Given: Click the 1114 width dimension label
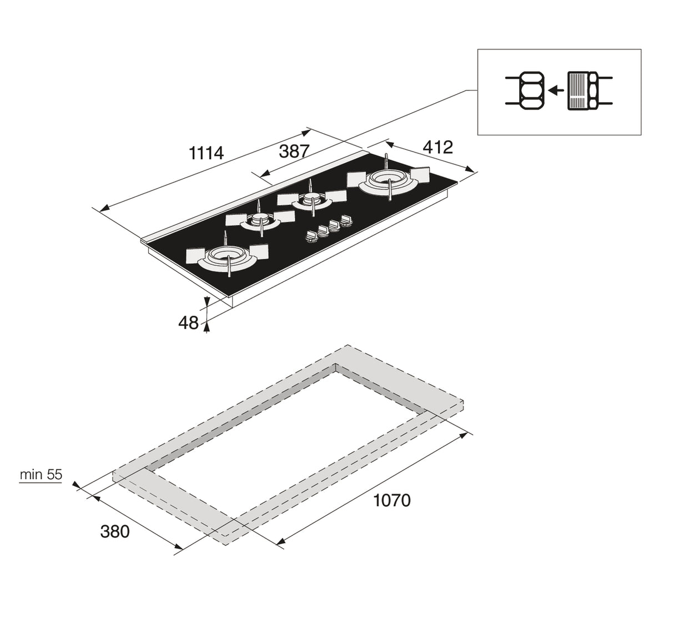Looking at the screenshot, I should (207, 153).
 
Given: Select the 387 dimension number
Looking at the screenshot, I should (294, 151).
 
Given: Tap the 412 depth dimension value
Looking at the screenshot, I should (438, 147).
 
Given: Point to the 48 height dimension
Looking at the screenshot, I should (189, 323).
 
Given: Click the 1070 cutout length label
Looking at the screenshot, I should (392, 500).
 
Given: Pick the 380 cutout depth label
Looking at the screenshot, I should (115, 531).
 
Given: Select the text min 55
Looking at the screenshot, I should (41, 475).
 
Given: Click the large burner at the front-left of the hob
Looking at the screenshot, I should (228, 258).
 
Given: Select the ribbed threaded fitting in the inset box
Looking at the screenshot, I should (579, 90).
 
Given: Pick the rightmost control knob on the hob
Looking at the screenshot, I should (347, 222).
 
